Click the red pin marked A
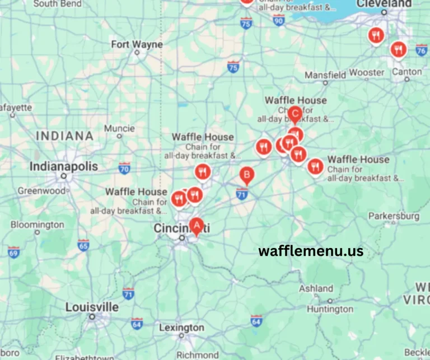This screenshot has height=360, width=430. pos(196,226)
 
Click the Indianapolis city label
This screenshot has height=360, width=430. pos(63,167)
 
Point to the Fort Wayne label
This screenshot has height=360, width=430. pos(137,44)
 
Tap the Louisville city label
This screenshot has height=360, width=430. pos(92,307)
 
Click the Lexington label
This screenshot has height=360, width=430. pos(182,328)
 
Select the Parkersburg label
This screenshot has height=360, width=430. pos(394,216)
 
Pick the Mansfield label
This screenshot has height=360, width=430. pos(325,74)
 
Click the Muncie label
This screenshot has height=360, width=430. pos(119,128)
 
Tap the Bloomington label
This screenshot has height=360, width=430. pos(38,225)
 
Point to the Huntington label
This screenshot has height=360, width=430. pos(330,308)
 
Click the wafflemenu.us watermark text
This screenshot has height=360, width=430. pos(311,251)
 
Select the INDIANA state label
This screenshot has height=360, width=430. pos(64,135)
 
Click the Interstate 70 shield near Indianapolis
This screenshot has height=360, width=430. pos(124,167)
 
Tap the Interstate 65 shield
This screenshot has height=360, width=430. pos(83,245)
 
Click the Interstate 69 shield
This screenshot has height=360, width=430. pos(13,251)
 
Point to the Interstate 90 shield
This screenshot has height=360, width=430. pos(279,20)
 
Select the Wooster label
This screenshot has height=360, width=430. pos(367,73)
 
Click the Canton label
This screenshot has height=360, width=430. pos(407,72)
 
